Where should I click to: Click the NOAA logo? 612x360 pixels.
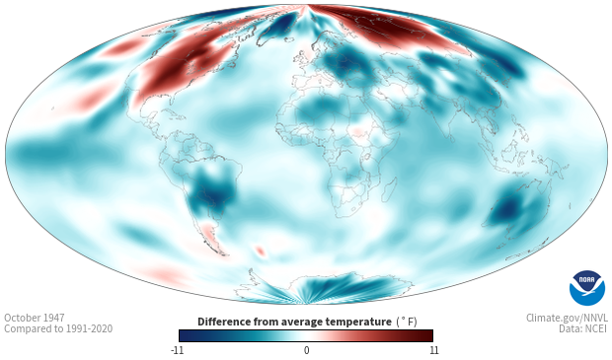click(x=587, y=288)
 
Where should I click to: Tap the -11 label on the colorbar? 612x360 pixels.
click(x=177, y=350)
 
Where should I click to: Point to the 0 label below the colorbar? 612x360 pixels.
click(x=306, y=350)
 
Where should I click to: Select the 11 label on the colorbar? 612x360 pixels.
click(x=434, y=350)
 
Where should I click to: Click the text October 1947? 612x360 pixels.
click(x=35, y=318)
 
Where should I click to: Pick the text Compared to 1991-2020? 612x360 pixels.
click(x=58, y=328)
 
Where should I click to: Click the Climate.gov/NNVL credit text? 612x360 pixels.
click(x=567, y=318)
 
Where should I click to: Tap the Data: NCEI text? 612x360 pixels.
click(x=583, y=328)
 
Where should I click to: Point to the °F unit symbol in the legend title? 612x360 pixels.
click(x=407, y=322)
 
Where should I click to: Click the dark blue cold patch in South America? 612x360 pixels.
click(x=212, y=191)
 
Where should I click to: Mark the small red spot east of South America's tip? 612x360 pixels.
click(x=260, y=251)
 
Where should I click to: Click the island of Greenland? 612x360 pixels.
click(x=279, y=27)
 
